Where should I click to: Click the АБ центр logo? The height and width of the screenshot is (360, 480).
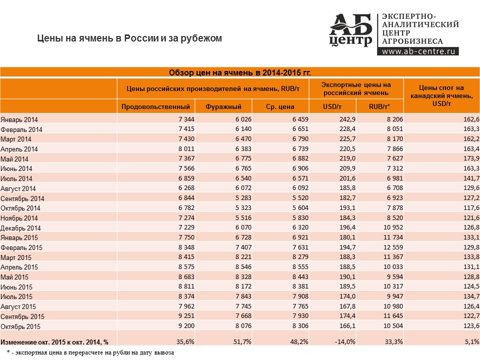point(350,30)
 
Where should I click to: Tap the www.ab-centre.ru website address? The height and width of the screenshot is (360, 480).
point(418,51)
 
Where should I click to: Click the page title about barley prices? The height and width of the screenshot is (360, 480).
point(129,38)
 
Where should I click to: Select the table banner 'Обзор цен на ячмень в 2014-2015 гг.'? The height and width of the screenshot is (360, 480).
point(239,72)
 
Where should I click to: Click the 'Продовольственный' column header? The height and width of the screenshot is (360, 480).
point(155,107)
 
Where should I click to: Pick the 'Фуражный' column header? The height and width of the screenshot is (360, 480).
point(223,107)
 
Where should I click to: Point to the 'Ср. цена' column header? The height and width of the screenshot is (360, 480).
point(280,107)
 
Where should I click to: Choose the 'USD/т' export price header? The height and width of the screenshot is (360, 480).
point(332,107)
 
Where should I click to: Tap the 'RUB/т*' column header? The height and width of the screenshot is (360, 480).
point(379,107)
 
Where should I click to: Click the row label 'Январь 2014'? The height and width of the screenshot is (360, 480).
point(19,119)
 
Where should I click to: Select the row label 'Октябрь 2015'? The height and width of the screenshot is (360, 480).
point(20,326)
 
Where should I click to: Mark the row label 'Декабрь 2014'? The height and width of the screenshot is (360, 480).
point(20,228)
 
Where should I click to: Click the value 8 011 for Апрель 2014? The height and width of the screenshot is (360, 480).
point(186,149)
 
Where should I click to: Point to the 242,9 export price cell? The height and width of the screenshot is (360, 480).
point(347,119)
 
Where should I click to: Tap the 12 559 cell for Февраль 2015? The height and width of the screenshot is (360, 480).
point(393,247)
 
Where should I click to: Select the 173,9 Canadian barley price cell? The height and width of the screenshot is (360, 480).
point(471,158)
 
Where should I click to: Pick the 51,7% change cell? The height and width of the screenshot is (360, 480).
point(242,341)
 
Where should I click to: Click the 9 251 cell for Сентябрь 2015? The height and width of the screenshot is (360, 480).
point(186,315)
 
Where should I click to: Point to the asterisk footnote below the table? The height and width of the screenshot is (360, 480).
point(90,352)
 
